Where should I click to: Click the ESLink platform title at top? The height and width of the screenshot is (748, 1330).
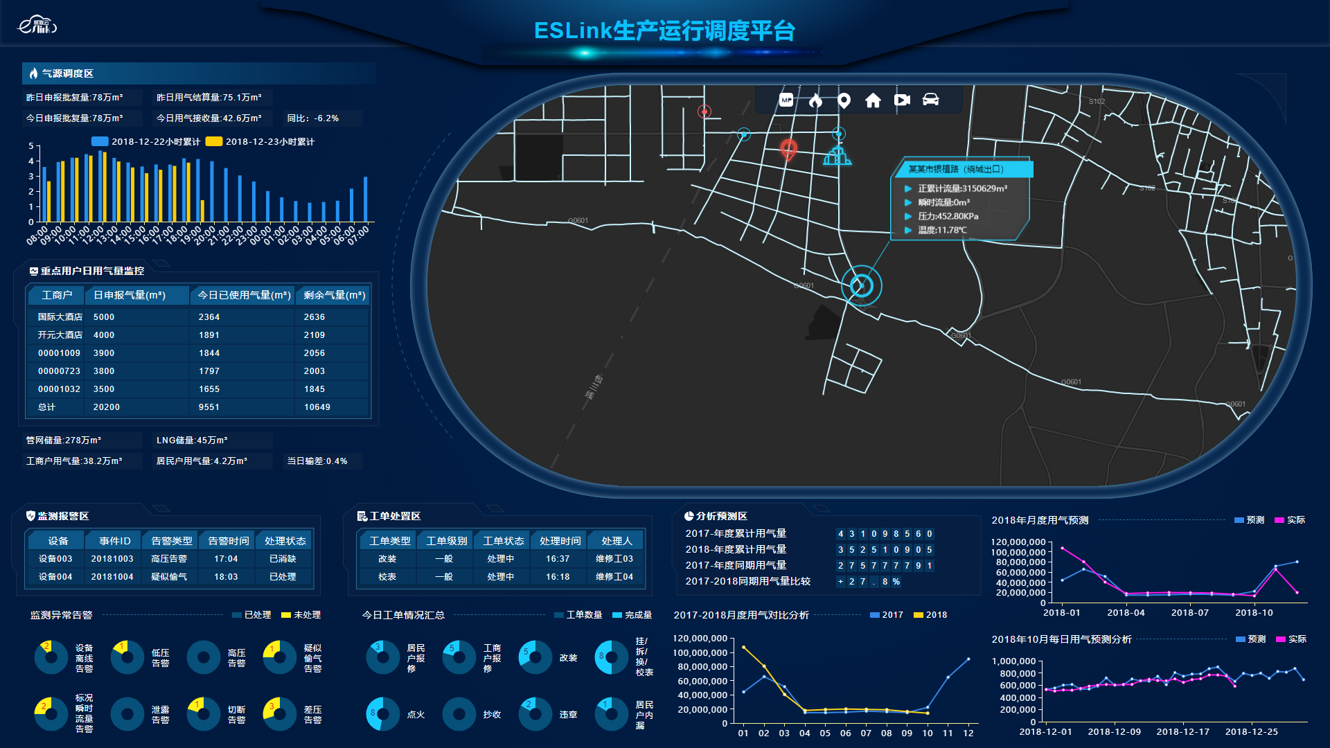[664, 31]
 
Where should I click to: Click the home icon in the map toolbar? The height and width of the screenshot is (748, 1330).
[873, 100]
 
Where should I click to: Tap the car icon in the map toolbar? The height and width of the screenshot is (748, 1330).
[930, 100]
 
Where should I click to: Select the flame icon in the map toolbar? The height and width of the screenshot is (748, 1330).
[815, 100]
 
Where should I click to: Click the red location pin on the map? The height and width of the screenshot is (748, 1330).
[788, 149]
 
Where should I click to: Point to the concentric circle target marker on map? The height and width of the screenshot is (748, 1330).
[862, 285]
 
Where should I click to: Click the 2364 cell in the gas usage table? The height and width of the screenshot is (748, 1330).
[209, 317]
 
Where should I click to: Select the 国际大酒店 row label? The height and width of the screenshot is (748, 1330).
[60, 317]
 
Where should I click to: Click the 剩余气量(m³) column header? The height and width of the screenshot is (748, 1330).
[334, 296]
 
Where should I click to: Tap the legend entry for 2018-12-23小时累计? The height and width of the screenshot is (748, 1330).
[261, 142]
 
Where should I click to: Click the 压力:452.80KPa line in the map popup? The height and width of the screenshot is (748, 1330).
[948, 216]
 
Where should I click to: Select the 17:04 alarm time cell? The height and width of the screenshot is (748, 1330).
[226, 559]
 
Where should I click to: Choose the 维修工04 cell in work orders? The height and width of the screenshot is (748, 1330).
[614, 577]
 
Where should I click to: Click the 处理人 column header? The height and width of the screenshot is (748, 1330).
[617, 541]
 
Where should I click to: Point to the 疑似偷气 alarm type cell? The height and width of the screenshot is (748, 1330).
[169, 577]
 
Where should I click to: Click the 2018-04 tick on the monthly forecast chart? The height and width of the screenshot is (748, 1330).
[1126, 613]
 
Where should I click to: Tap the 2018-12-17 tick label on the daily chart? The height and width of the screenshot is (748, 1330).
[1182, 732]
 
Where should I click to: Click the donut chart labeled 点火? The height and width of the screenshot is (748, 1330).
[383, 714]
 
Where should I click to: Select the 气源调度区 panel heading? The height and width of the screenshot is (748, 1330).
[67, 73]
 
